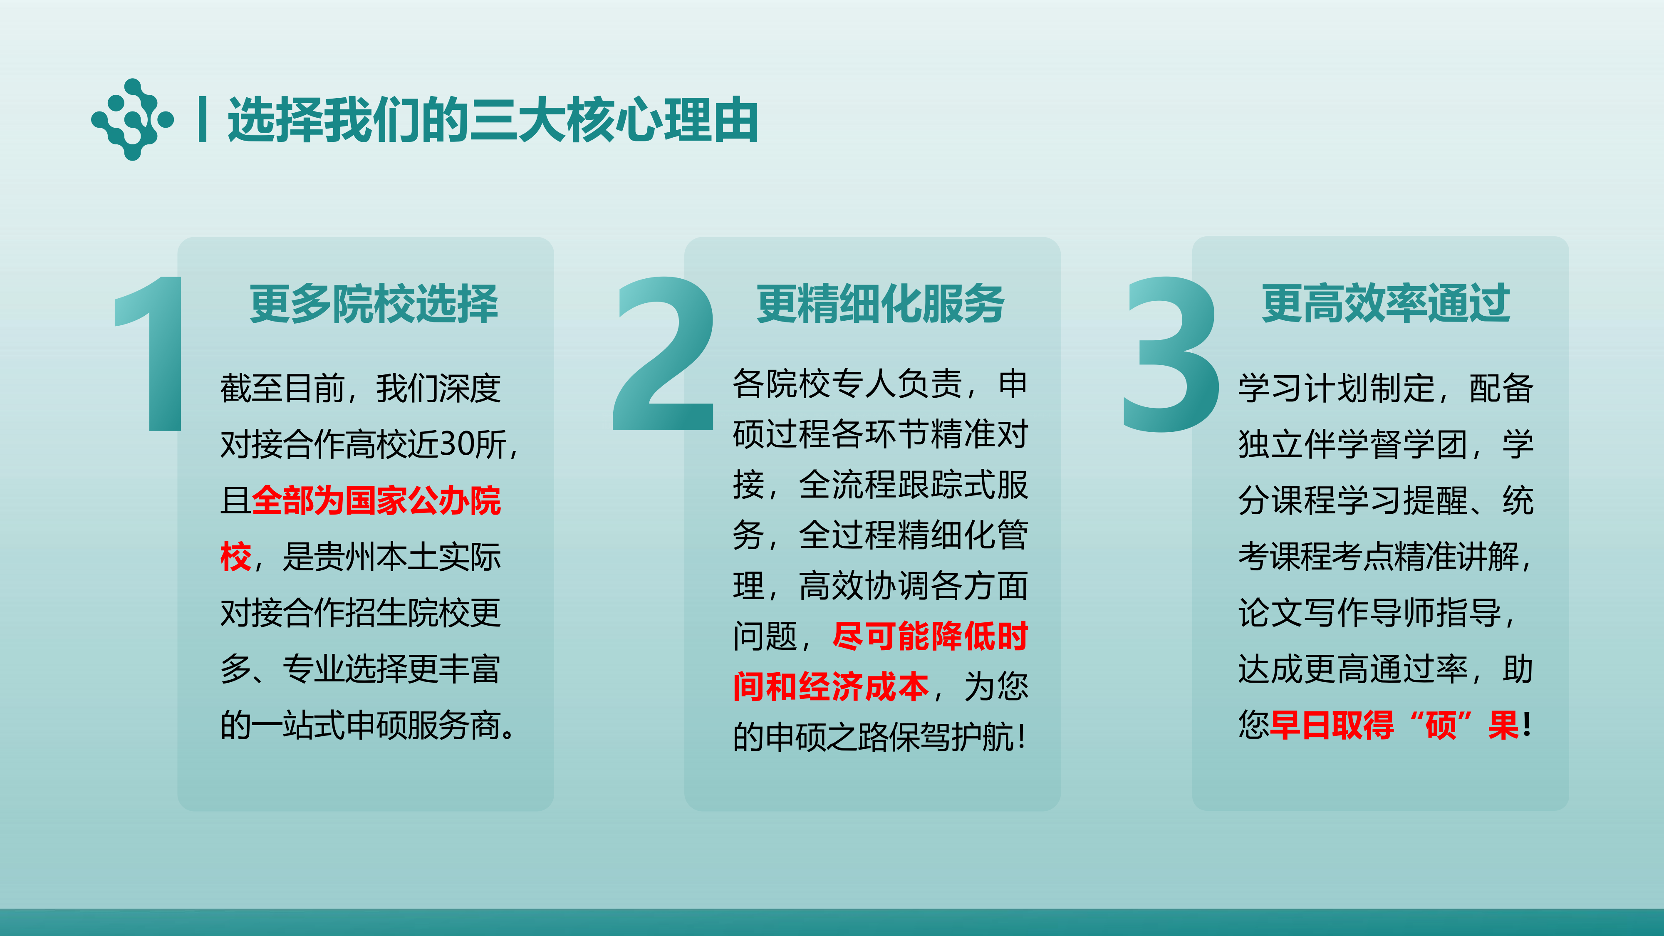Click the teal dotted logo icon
pyautogui.click(x=132, y=119)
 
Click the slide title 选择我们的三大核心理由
pyautogui.click(x=493, y=120)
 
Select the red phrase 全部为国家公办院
pyautogui.click(x=376, y=500)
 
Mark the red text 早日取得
pyautogui.click(x=1332, y=724)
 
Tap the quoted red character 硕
pyautogui.click(x=1441, y=724)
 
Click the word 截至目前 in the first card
pyautogui.click(x=282, y=388)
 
